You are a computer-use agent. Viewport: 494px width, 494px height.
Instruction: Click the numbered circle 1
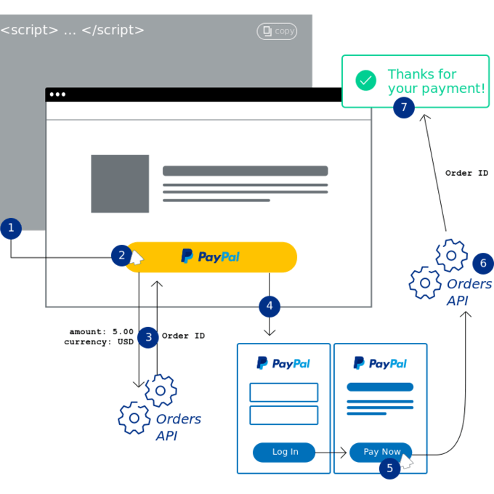[x=11, y=229]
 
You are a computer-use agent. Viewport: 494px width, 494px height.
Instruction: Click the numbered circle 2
[x=122, y=255]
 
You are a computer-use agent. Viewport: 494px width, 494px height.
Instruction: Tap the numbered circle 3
[x=148, y=336]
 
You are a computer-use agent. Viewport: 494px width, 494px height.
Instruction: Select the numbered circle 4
[x=270, y=306]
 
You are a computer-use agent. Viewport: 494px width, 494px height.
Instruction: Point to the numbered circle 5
[x=389, y=469]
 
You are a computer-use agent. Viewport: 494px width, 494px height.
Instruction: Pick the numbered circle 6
[x=483, y=263]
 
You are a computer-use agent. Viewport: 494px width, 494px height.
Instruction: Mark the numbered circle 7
[x=404, y=108]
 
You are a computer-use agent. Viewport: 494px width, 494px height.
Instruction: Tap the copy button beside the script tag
[x=277, y=31]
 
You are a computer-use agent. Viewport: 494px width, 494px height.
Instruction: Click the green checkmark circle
[x=366, y=81]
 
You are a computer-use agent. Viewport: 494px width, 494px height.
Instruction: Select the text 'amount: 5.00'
[x=102, y=332]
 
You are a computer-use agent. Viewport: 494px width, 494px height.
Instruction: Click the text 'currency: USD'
[x=99, y=341]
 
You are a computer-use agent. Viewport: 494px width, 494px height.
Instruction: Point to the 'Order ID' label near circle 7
[x=466, y=174]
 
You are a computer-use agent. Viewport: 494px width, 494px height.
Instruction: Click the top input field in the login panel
[x=283, y=392]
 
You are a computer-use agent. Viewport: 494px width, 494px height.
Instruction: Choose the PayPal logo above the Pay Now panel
[x=380, y=363]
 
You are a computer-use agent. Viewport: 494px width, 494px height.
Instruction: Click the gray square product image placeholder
[x=120, y=184]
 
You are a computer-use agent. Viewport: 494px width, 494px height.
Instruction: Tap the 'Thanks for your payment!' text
[x=436, y=81]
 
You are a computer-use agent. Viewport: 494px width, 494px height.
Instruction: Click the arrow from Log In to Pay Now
[x=331, y=453]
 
